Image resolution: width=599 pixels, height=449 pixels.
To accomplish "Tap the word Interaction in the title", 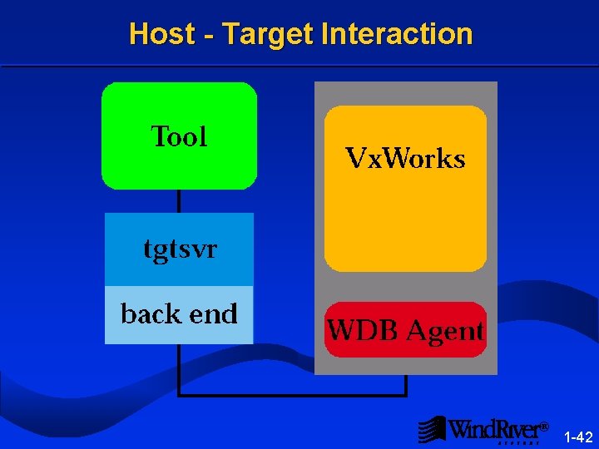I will coord(396,34).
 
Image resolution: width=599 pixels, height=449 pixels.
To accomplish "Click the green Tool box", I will coord(179,170).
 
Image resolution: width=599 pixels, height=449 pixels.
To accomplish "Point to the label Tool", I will coord(179,136).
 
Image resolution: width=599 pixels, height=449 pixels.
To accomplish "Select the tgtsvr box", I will coord(179,249).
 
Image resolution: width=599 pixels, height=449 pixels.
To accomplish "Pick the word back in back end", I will coord(151,313).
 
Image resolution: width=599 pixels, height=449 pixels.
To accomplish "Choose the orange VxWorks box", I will coord(405,216).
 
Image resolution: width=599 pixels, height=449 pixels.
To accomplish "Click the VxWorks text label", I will coord(405,158).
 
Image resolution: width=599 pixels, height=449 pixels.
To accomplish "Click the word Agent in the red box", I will coord(443,332).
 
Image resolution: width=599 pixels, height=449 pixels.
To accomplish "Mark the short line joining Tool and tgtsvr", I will coord(179,200).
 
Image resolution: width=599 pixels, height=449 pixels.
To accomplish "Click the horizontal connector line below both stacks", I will coord(291,395).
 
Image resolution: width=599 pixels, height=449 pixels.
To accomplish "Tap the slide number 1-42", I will coord(578,437).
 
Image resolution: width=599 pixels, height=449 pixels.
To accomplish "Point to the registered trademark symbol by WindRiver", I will coord(544,427).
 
